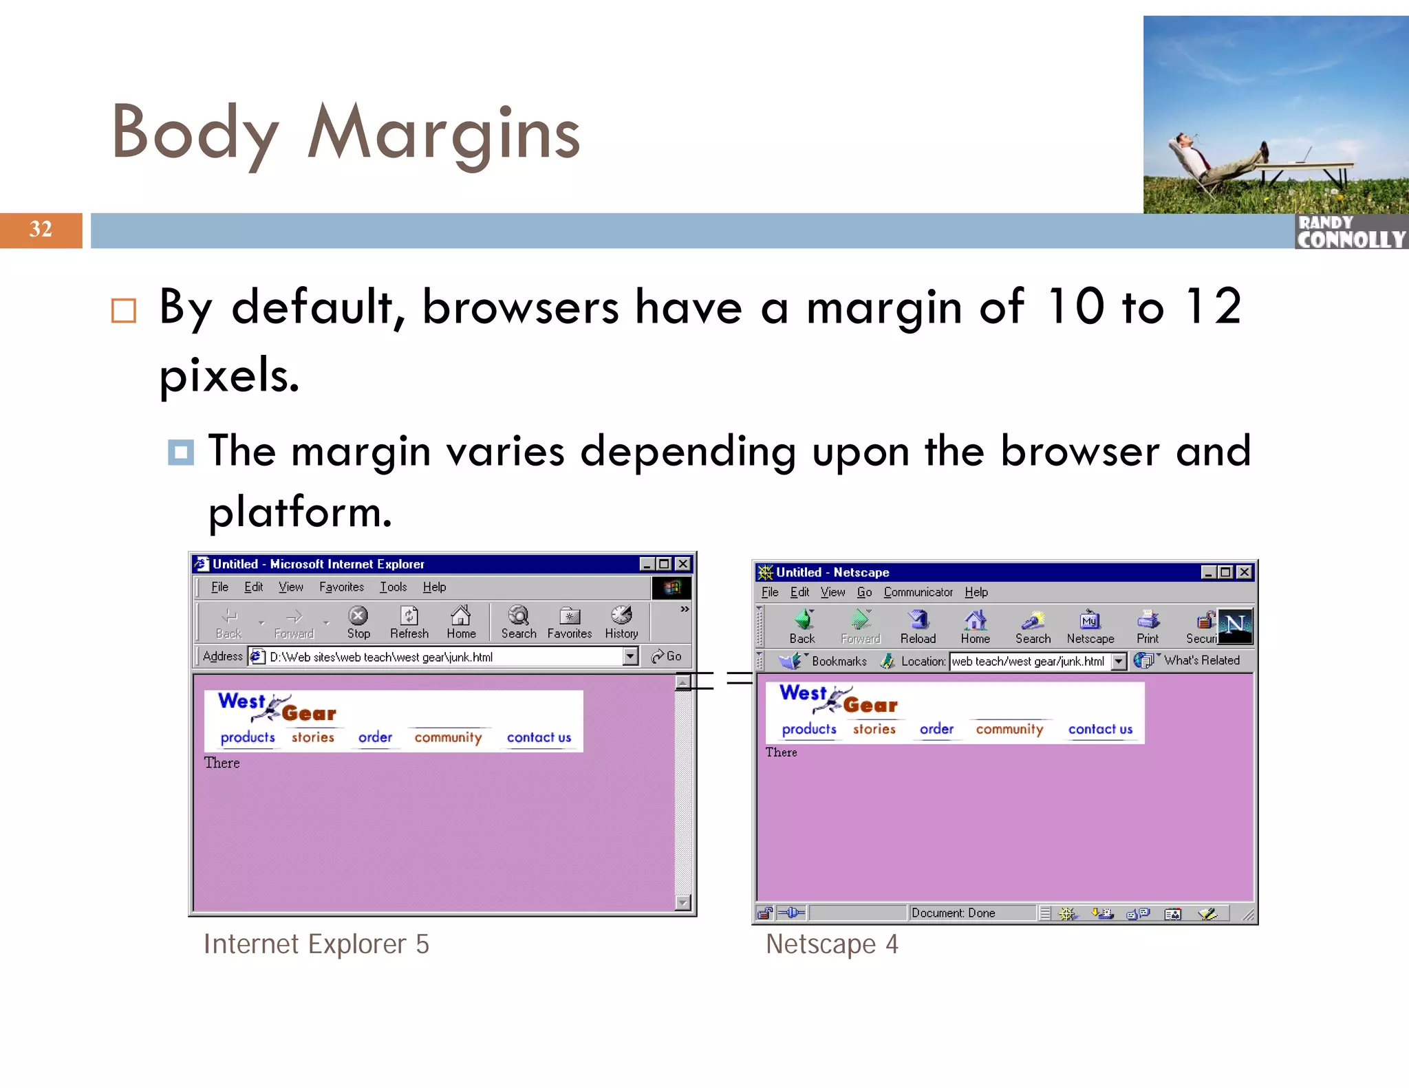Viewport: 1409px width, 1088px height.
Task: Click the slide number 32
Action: (x=41, y=229)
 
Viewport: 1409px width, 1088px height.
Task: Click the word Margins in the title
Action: (x=444, y=133)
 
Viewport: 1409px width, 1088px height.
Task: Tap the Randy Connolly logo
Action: (x=1351, y=232)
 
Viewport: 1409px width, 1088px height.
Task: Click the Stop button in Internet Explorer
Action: (x=358, y=622)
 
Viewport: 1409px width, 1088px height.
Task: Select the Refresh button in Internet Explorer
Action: (x=409, y=622)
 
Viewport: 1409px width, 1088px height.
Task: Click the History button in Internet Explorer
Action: (x=621, y=622)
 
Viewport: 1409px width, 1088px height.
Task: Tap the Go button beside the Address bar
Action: (x=667, y=656)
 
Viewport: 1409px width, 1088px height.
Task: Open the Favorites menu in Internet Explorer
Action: (x=341, y=587)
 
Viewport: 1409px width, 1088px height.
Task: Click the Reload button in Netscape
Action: (x=918, y=627)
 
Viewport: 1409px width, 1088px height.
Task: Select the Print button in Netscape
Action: (x=1148, y=627)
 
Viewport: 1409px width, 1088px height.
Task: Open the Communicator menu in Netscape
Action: (x=918, y=592)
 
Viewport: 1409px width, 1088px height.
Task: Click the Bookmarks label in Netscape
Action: (x=839, y=661)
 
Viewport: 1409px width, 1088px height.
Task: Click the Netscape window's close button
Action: (x=1244, y=572)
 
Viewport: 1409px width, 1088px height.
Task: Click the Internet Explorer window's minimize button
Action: (x=647, y=564)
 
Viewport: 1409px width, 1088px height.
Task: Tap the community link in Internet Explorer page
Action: (x=448, y=737)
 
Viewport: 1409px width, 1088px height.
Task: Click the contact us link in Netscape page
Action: (x=1100, y=729)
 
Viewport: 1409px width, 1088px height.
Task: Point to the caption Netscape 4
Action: (x=832, y=944)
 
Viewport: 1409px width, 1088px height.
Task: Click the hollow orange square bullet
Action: (x=124, y=311)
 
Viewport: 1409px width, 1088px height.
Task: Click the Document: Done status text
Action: (x=953, y=913)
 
